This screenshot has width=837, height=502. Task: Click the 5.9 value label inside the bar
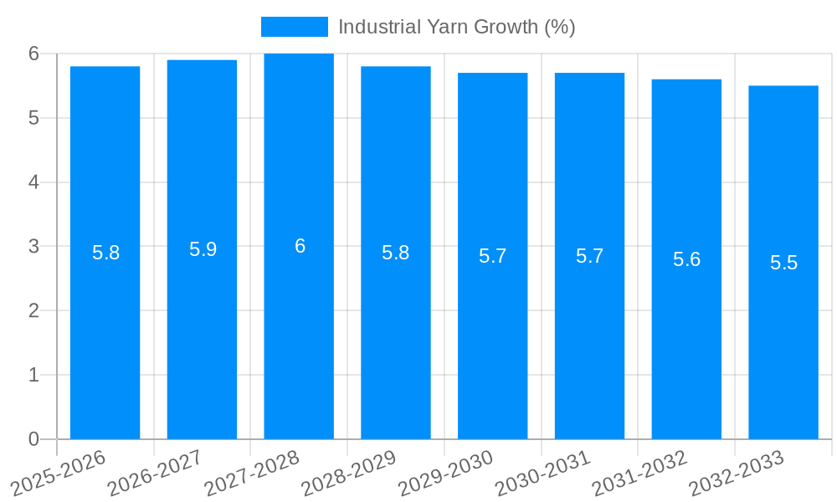coord(203,249)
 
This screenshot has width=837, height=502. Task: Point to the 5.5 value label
coord(783,263)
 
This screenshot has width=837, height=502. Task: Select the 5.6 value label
coord(686,259)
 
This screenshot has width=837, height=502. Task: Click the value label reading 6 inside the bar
coord(300,246)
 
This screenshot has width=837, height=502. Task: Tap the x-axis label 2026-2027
coord(155,473)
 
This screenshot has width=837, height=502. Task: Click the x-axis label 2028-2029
coord(348,473)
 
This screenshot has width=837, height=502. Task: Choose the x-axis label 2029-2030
coord(445,473)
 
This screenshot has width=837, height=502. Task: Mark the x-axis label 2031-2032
coord(639,473)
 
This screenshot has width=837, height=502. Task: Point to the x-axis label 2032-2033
coord(737,473)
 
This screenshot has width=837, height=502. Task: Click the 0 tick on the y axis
coord(33,439)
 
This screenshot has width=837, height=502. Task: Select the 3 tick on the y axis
coord(33,247)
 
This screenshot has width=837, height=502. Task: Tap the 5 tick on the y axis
coord(33,118)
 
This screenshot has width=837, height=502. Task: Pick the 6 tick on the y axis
coord(33,54)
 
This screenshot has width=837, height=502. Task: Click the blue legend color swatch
coord(294,27)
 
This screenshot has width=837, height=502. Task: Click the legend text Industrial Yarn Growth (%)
coord(456,27)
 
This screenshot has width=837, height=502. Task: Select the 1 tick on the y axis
coord(33,375)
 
